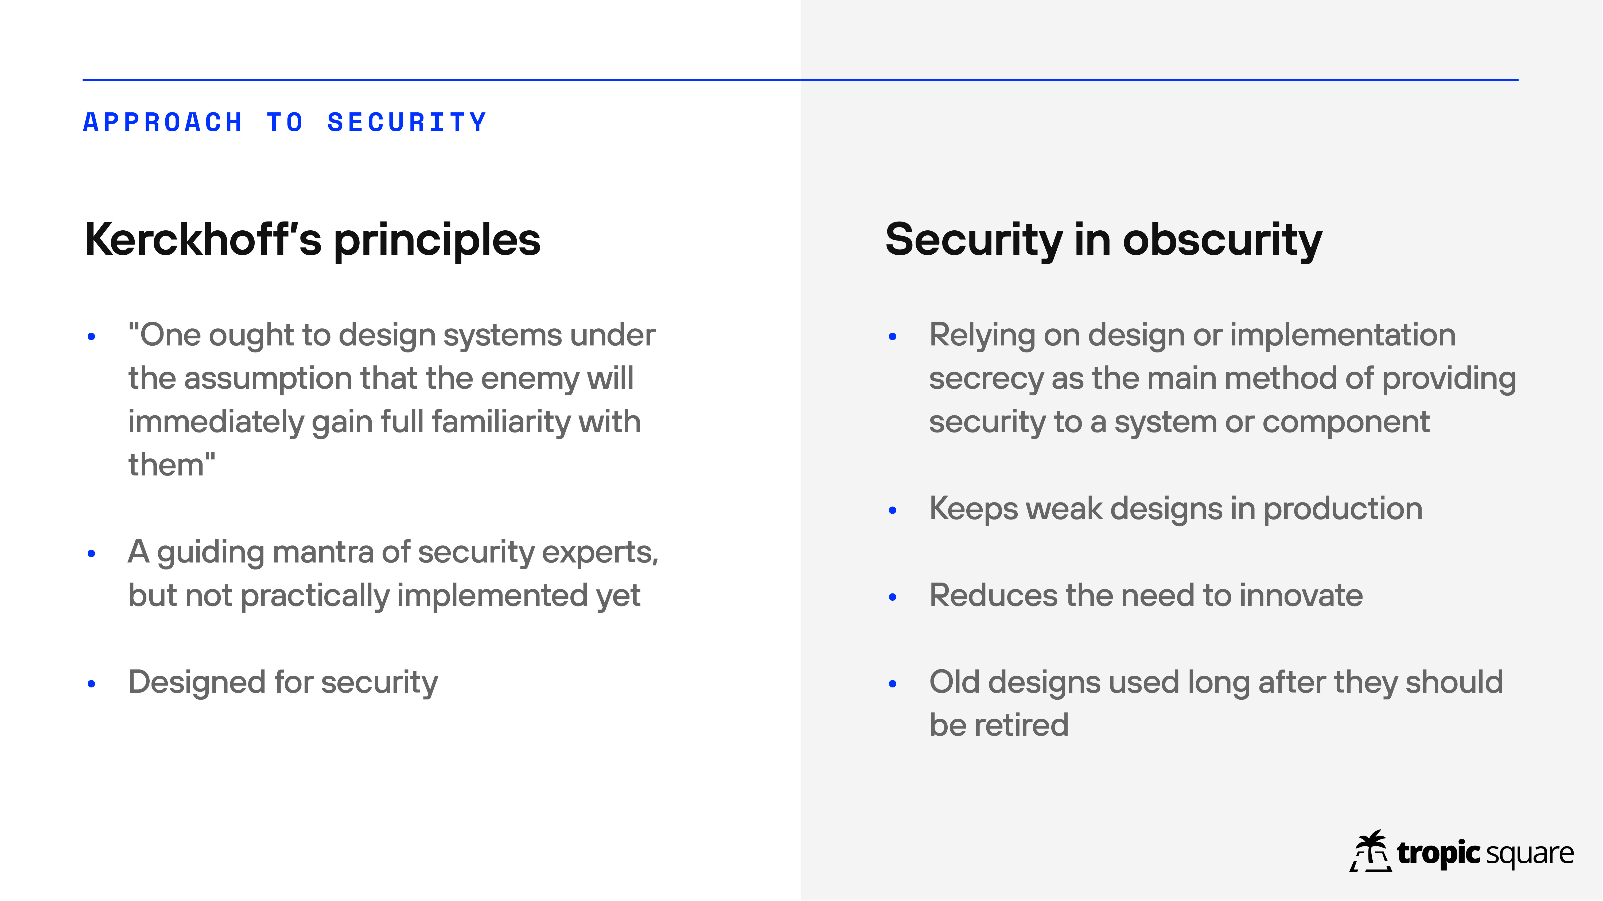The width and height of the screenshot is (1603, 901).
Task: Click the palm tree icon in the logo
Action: pyautogui.click(x=1371, y=851)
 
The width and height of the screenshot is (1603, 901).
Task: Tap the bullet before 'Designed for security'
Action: pyautogui.click(x=91, y=684)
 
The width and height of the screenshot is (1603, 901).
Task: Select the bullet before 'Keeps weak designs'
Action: pyautogui.click(x=892, y=510)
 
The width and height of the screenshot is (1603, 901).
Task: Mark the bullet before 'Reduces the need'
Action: pyautogui.click(x=892, y=597)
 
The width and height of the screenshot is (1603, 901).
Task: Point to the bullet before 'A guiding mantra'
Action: pyautogui.click(x=91, y=553)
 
